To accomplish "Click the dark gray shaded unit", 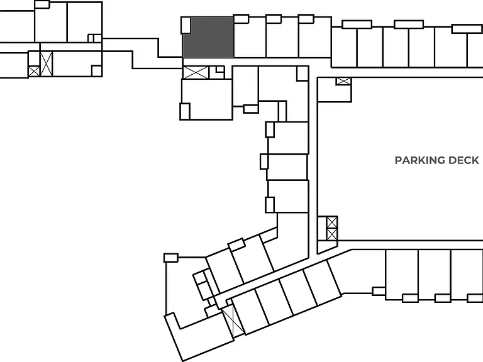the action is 208,37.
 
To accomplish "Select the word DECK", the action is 464,160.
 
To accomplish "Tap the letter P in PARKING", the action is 398,160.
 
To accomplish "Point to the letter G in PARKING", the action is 441,160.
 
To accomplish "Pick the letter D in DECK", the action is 452,160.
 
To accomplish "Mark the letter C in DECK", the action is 467,160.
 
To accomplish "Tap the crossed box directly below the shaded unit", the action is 196,73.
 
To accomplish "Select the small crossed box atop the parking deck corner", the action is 343,81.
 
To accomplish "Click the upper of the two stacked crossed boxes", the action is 332,222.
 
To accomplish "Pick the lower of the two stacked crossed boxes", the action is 332,234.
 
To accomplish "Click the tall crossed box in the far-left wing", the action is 46,63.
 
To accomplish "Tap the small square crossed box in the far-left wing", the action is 34,71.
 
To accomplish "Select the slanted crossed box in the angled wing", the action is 233,320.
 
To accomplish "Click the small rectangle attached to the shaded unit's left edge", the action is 186,25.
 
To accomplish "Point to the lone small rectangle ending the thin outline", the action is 171,258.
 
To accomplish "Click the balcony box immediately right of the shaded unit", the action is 241,19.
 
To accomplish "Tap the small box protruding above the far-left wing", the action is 42,4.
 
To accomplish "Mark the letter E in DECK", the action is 460,160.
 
